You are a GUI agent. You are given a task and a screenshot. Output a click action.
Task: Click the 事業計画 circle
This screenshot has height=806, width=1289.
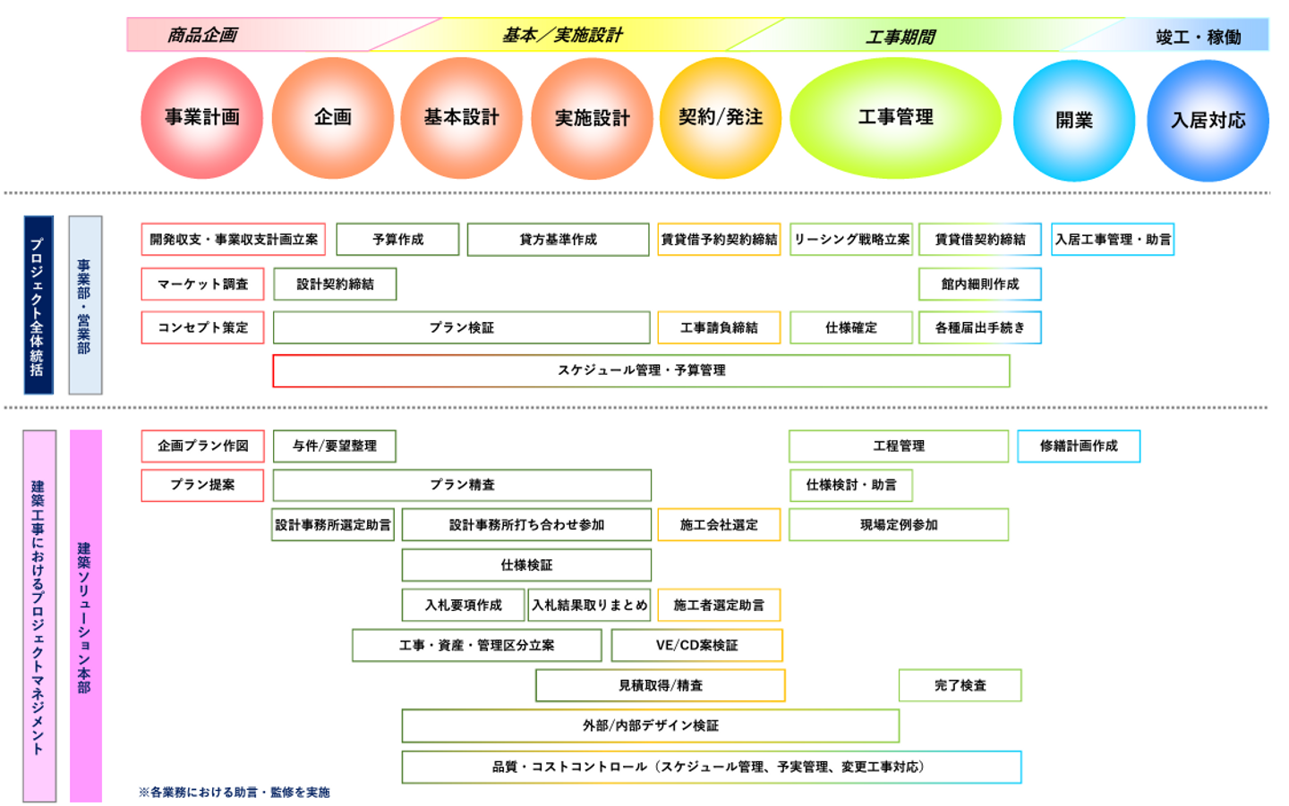[201, 117]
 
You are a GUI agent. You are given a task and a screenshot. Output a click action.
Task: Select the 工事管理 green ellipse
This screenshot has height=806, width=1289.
[895, 117]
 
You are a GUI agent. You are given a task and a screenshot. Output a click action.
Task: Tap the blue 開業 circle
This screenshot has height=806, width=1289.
[1073, 120]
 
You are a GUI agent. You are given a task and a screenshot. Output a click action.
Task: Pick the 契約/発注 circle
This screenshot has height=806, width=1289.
[720, 117]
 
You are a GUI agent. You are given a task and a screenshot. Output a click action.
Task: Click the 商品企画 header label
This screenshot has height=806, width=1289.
[202, 36]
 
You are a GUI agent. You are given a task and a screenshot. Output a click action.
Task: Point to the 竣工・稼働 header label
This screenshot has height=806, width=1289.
[1198, 37]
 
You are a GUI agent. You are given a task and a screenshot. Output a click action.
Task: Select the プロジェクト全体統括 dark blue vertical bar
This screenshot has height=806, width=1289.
[38, 305]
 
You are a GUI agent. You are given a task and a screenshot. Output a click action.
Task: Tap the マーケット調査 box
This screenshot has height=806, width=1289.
[202, 284]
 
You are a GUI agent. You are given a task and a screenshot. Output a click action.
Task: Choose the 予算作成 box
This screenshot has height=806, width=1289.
[397, 240]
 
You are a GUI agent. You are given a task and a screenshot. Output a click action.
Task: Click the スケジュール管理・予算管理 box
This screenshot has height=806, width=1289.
[641, 370]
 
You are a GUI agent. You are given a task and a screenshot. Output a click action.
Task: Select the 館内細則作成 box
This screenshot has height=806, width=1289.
[979, 284]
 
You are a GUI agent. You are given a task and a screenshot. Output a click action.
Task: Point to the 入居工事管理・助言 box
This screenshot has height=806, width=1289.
[1112, 240]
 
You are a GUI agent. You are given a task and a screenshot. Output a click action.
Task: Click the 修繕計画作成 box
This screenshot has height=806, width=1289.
[1078, 445]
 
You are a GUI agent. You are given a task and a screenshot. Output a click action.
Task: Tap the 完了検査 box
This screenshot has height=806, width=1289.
[960, 685]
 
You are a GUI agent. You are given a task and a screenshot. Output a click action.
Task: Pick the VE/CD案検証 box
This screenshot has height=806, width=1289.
[696, 645]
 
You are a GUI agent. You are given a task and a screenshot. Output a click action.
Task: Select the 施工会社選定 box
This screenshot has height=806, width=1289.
[719, 525]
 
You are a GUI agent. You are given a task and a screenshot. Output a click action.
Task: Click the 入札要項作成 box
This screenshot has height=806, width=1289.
[463, 605]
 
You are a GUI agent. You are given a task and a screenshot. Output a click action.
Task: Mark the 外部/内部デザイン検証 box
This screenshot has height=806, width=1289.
[650, 725]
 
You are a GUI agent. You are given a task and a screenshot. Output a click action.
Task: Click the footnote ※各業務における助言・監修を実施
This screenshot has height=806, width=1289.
[235, 792]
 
